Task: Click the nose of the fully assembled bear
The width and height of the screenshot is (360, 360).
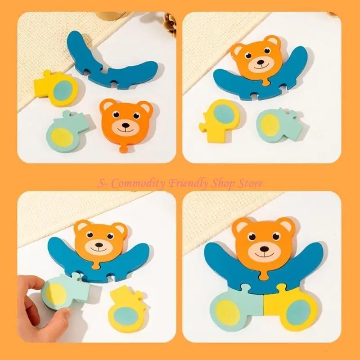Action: tap(263, 249)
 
